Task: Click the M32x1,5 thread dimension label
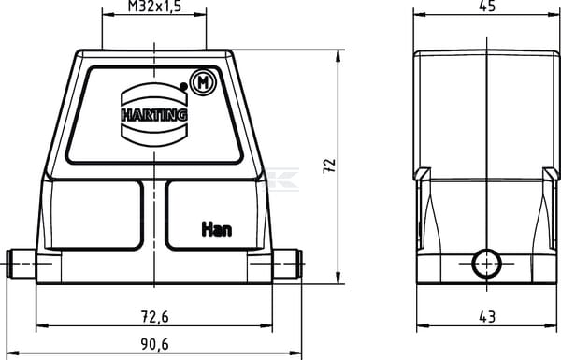154,7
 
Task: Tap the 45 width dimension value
487,6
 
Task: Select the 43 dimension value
487,317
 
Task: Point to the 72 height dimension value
329,166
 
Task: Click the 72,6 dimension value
154,317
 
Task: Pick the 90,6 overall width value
154,344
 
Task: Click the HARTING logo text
154,115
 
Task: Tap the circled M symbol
204,82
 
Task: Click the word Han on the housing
217,229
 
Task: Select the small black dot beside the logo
183,86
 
